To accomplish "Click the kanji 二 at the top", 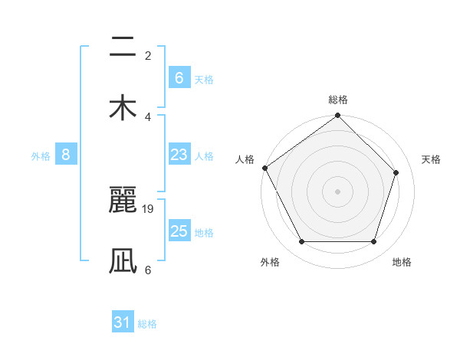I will [x=123, y=47].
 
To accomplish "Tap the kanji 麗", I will [x=123, y=202].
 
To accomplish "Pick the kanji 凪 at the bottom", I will [x=123, y=260].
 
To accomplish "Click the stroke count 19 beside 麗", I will [x=149, y=208].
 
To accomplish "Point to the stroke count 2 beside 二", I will [x=148, y=55].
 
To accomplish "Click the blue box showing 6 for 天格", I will [x=179, y=78].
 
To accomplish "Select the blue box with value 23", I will [x=179, y=155].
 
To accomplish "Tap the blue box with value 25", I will [x=179, y=232].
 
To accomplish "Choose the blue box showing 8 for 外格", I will [x=66, y=155].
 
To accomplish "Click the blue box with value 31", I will [x=123, y=323].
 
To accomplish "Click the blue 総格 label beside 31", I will [x=147, y=324].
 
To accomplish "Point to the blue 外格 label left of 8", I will [x=41, y=156].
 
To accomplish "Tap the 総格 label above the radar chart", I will [x=337, y=100].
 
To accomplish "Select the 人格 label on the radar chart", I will [x=245, y=159].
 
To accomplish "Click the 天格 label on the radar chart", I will [x=432, y=159].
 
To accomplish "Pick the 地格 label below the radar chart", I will [x=402, y=262].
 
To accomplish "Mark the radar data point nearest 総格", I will [x=337, y=116].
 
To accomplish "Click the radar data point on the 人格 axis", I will [x=264, y=168].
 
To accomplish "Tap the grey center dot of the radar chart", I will [x=337, y=191].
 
